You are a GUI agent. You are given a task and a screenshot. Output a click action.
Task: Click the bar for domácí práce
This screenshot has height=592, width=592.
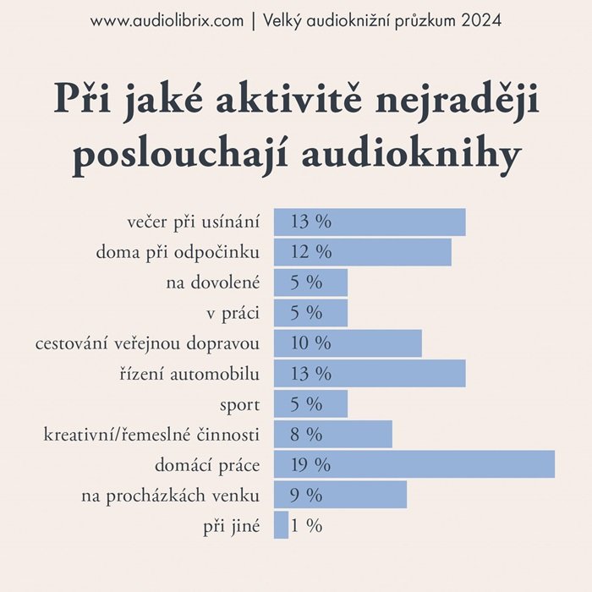coord(414,464)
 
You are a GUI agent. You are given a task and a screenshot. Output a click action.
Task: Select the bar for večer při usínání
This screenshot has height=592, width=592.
coord(370,222)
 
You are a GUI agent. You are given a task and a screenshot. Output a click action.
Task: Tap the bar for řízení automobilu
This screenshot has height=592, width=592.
coord(370,373)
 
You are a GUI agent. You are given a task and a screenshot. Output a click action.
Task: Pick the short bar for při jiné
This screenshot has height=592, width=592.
coord(281,525)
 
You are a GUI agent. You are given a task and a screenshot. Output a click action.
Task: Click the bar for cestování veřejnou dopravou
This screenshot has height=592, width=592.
coord(348,343)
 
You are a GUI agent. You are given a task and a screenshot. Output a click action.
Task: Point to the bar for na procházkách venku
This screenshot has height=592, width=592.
coord(340,495)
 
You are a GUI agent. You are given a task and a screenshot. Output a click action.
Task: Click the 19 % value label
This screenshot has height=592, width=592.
coord(310,464)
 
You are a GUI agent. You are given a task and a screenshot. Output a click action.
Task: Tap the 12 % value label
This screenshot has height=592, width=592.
coord(310,252)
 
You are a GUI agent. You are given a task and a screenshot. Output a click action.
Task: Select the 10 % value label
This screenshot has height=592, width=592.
coord(310,343)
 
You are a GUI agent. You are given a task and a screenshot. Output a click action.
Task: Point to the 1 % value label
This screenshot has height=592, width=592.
coord(307,525)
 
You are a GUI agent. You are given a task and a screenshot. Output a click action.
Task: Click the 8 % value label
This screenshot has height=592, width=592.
coord(306,435)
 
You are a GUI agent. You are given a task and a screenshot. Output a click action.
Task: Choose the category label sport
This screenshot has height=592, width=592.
coord(239,404)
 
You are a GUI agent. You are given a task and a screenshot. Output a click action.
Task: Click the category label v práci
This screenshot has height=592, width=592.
coord(233,313)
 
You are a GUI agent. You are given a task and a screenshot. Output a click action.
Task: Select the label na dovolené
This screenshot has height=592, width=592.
coord(212,282)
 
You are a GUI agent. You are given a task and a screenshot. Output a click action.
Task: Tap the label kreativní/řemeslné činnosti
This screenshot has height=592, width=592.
coord(151,435)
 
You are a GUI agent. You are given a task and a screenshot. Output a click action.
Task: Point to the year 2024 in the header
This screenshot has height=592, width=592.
coord(482,20)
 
